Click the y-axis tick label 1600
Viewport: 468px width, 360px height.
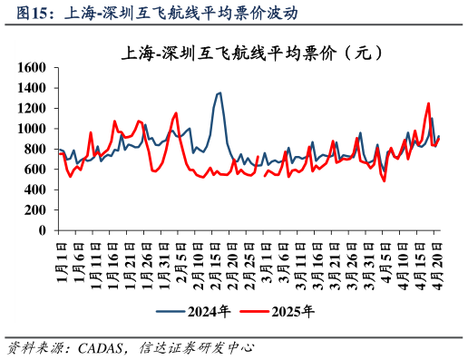pos(31,68)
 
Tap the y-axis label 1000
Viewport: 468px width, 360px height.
pos(31,129)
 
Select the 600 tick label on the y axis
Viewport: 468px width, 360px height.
pos(34,170)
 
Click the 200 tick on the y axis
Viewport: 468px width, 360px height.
pos(34,210)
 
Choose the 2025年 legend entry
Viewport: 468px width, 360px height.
pos(292,311)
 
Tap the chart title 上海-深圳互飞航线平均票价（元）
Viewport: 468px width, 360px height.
pos(246,53)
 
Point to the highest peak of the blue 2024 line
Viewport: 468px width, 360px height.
pos(219,92)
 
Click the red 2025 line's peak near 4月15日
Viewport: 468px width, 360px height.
pos(428,103)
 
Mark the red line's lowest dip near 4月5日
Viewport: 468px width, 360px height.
pos(385,180)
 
